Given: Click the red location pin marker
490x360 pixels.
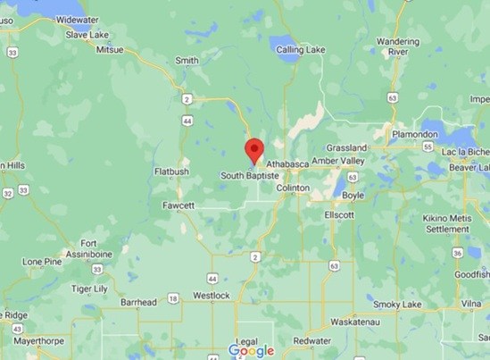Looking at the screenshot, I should coord(254,151).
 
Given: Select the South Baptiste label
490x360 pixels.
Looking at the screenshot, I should coord(248,177).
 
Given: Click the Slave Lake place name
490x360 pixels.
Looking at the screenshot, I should coord(87,35).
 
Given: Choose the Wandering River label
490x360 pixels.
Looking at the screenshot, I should coord(398,46).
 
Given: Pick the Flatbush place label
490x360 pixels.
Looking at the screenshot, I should coord(172,172).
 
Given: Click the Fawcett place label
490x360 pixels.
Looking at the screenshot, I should coord(179,205).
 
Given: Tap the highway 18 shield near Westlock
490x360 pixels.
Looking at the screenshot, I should coord(173,297).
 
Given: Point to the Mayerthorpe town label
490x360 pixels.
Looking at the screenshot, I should coord(36,339).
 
